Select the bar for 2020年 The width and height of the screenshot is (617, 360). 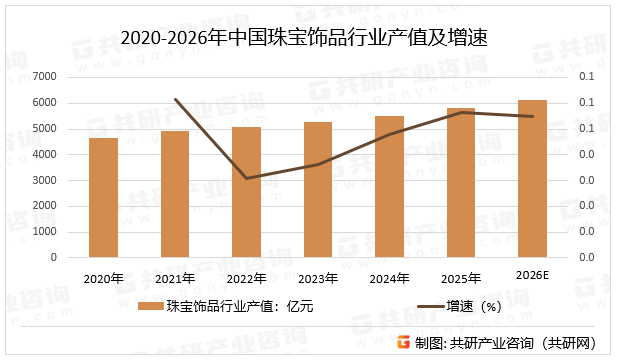point(103,198)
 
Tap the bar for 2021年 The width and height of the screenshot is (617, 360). point(175,194)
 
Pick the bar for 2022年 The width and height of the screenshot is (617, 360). point(246,192)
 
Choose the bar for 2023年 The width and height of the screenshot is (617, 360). point(318,190)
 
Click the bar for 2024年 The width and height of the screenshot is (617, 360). point(389,187)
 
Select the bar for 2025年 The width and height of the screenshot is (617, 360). point(461,183)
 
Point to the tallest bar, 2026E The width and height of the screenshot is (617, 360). point(532,179)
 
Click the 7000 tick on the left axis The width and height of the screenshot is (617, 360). point(44,77)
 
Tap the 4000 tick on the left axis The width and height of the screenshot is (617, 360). point(44,154)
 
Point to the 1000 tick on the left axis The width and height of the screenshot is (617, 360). point(44,231)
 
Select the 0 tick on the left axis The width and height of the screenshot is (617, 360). point(53,257)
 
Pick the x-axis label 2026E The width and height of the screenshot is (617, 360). point(532,275)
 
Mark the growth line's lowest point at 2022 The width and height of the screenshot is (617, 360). point(246,178)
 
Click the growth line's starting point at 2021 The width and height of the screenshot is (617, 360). point(175,99)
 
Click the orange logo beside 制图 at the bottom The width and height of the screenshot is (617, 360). point(403,342)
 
